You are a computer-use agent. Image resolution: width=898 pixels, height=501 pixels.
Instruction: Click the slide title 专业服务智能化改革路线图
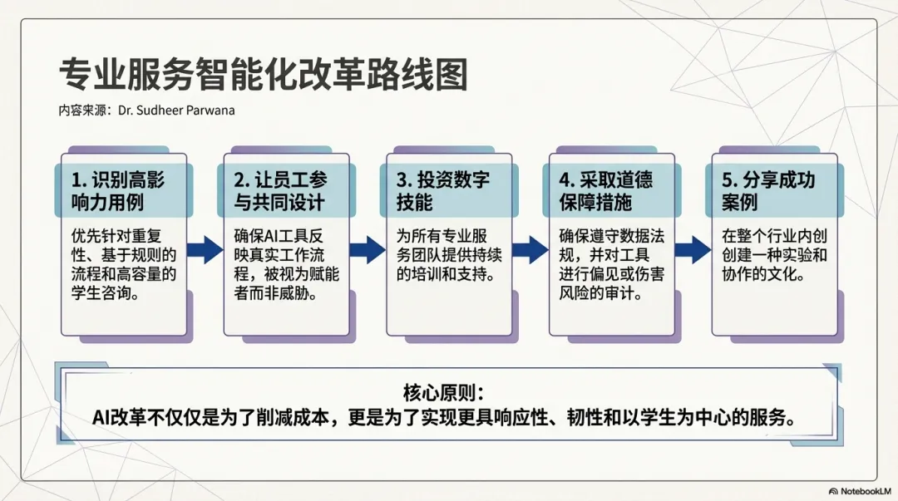263,76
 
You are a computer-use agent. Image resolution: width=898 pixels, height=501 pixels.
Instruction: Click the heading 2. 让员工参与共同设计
280,190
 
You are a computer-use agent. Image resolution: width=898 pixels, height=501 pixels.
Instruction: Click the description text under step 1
123,262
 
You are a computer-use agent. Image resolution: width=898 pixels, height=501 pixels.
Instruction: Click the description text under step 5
765,252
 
